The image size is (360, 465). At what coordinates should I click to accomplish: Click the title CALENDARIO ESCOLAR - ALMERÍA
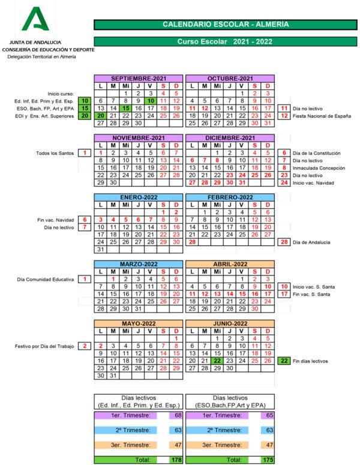[225, 25]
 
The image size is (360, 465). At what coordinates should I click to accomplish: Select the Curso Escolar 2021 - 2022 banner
[225, 42]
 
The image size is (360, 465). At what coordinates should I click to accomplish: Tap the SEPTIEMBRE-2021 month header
[139, 79]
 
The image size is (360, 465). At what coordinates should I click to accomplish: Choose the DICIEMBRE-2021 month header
[230, 138]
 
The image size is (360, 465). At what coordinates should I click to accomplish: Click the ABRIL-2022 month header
[230, 264]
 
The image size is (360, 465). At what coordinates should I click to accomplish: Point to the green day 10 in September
[151, 101]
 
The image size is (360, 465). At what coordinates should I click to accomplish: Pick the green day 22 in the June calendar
[218, 361]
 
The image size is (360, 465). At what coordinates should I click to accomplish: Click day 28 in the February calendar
[193, 242]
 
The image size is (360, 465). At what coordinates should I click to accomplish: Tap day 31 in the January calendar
[101, 249]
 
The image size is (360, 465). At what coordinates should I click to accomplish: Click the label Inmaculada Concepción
[318, 168]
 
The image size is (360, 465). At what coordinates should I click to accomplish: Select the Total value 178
[176, 460]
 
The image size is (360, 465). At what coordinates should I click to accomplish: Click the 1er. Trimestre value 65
[269, 415]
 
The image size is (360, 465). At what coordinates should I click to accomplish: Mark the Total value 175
[268, 460]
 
